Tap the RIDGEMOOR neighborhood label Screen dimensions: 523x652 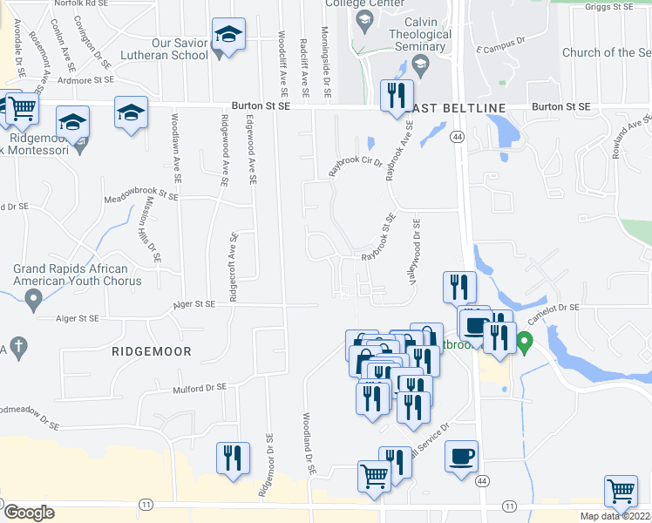click(151, 351)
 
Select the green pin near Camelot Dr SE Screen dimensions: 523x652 click(525, 341)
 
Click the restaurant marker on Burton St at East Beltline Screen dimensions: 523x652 click(397, 97)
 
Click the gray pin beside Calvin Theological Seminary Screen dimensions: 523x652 click(420, 65)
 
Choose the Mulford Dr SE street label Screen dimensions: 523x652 click(199, 389)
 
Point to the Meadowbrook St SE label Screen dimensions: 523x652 click(141, 197)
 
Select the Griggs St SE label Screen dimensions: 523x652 click(610, 7)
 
